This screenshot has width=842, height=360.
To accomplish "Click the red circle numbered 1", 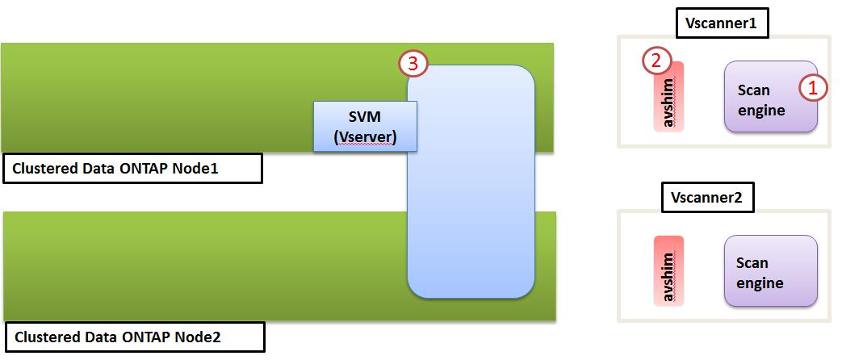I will (814, 88).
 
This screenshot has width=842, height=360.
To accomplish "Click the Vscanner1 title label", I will (720, 23).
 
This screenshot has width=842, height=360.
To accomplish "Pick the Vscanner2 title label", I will (706, 196).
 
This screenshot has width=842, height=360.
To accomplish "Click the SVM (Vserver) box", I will (365, 126).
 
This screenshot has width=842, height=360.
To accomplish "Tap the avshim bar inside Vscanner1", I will (668, 98).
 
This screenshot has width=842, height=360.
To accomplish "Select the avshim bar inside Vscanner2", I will (668, 270).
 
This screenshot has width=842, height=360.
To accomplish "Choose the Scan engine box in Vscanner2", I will (770, 272).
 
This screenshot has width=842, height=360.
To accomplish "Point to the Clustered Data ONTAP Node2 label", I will (135, 337).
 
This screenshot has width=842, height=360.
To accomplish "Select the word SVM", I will (365, 117).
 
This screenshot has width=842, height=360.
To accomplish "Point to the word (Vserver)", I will (365, 136).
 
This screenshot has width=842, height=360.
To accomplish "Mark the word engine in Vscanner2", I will (760, 283).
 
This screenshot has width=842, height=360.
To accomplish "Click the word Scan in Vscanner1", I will (754, 90).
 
